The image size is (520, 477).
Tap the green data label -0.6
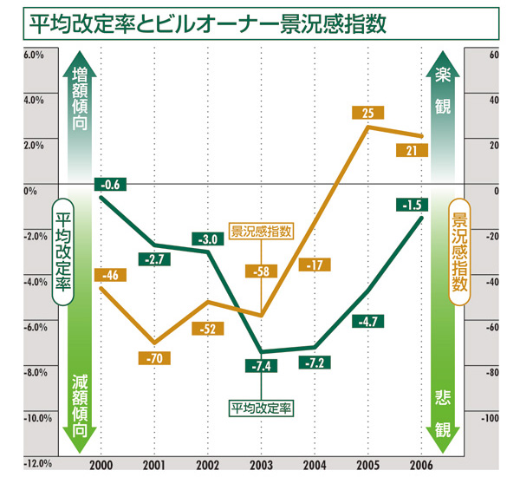pyautogui.click(x=110, y=183)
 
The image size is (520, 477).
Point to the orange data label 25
pyautogui.click(x=368, y=113)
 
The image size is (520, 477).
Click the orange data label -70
pyautogui.click(x=157, y=356)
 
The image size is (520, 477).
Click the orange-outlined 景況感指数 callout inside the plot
pyautogui.click(x=261, y=232)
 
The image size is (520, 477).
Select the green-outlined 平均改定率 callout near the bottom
pyautogui.click(x=260, y=405)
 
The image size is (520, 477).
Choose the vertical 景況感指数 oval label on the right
pyautogui.click(x=458, y=256)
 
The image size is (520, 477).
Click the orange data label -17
pyautogui.click(x=315, y=265)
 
